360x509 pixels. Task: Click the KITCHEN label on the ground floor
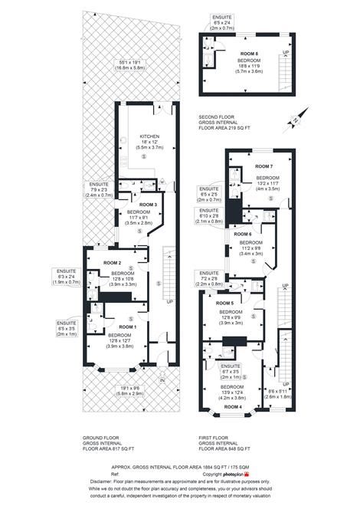click(x=146, y=133)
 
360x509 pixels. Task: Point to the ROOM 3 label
click(x=148, y=205)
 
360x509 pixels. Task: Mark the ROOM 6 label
click(x=243, y=234)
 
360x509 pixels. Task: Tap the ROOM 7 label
click(x=263, y=166)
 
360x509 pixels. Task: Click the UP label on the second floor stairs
click(x=285, y=52)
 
